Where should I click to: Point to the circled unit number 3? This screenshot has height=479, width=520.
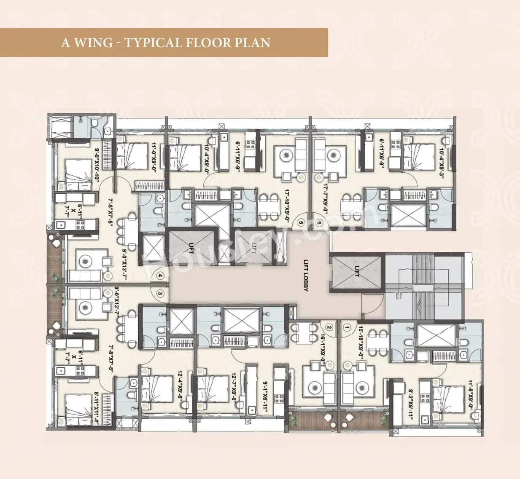click(x=160, y=293)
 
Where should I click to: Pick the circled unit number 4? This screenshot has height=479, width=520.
click(x=160, y=276)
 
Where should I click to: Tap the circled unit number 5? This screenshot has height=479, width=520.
click(x=301, y=222)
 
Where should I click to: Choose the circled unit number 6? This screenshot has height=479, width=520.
click(x=319, y=222)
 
